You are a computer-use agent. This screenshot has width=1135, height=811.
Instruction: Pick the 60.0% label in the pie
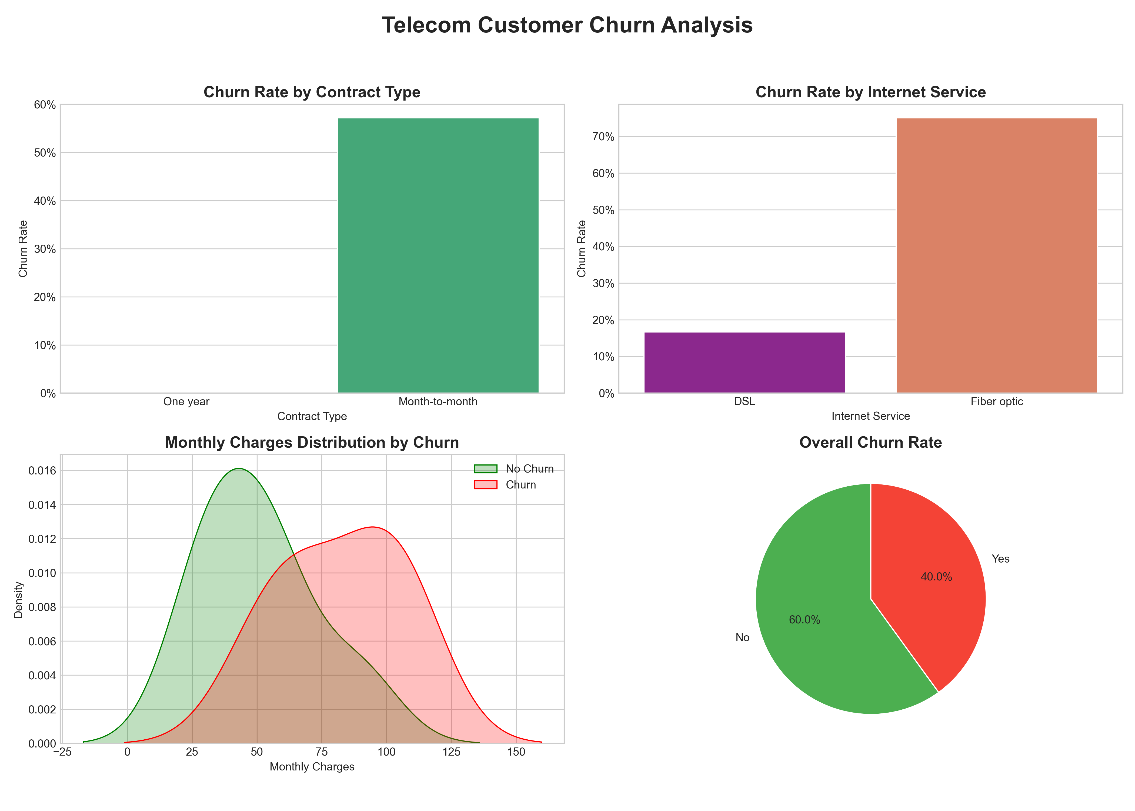click(x=804, y=620)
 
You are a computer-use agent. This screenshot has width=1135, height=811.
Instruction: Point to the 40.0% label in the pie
click(x=936, y=577)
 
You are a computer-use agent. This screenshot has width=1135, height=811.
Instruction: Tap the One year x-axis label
click(x=186, y=401)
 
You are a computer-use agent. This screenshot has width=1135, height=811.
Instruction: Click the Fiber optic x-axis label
click(x=996, y=401)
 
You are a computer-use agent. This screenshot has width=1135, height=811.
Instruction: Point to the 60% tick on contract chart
click(x=45, y=105)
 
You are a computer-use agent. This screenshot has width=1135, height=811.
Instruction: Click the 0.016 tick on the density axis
click(x=42, y=471)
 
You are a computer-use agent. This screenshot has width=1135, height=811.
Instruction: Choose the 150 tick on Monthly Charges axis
click(x=516, y=752)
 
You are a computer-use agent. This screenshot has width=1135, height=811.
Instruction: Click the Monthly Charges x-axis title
click(x=312, y=767)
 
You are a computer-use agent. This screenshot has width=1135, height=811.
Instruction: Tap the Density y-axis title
click(x=18, y=599)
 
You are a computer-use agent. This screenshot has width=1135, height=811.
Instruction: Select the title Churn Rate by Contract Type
click(x=312, y=92)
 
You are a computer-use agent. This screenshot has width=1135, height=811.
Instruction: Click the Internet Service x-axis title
click(x=870, y=416)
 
